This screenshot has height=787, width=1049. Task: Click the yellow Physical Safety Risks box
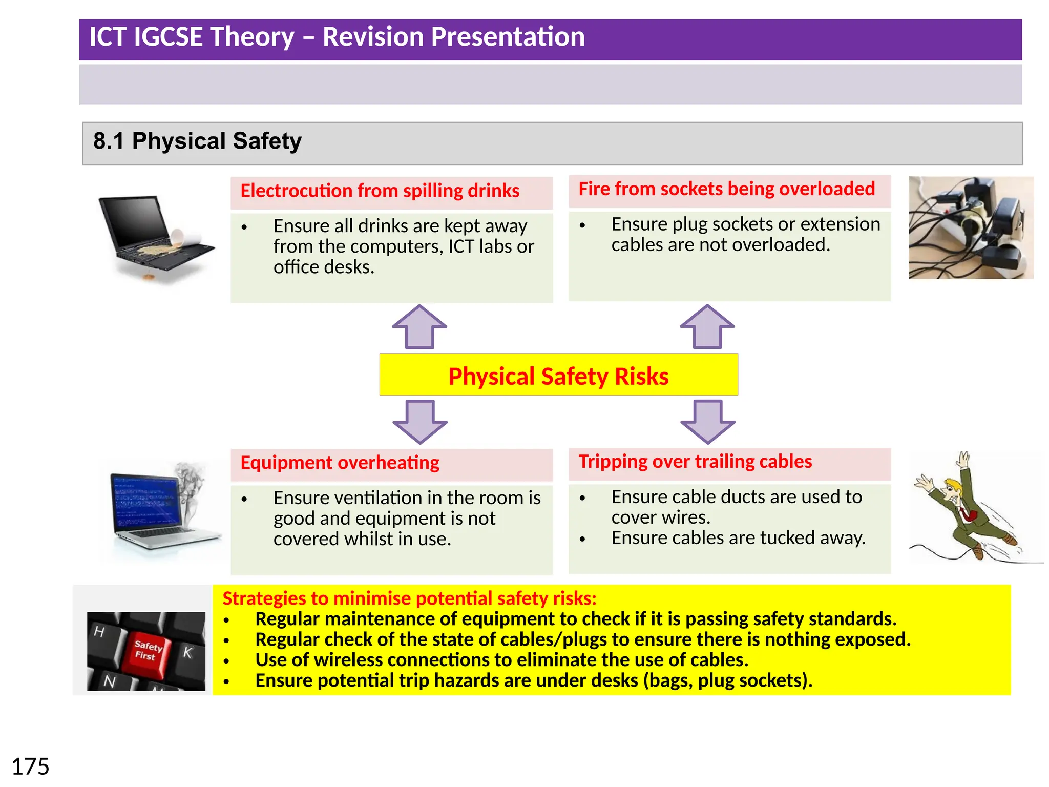(558, 375)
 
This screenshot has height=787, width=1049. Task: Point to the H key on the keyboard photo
(100, 632)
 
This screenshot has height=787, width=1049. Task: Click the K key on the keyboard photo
(187, 652)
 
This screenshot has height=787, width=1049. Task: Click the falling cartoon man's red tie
(966, 513)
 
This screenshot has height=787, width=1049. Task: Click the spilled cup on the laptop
(177, 236)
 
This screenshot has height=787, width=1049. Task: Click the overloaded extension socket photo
(971, 228)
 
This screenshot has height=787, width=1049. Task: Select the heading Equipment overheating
(340, 463)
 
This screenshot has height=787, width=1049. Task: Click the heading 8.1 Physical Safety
(197, 141)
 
